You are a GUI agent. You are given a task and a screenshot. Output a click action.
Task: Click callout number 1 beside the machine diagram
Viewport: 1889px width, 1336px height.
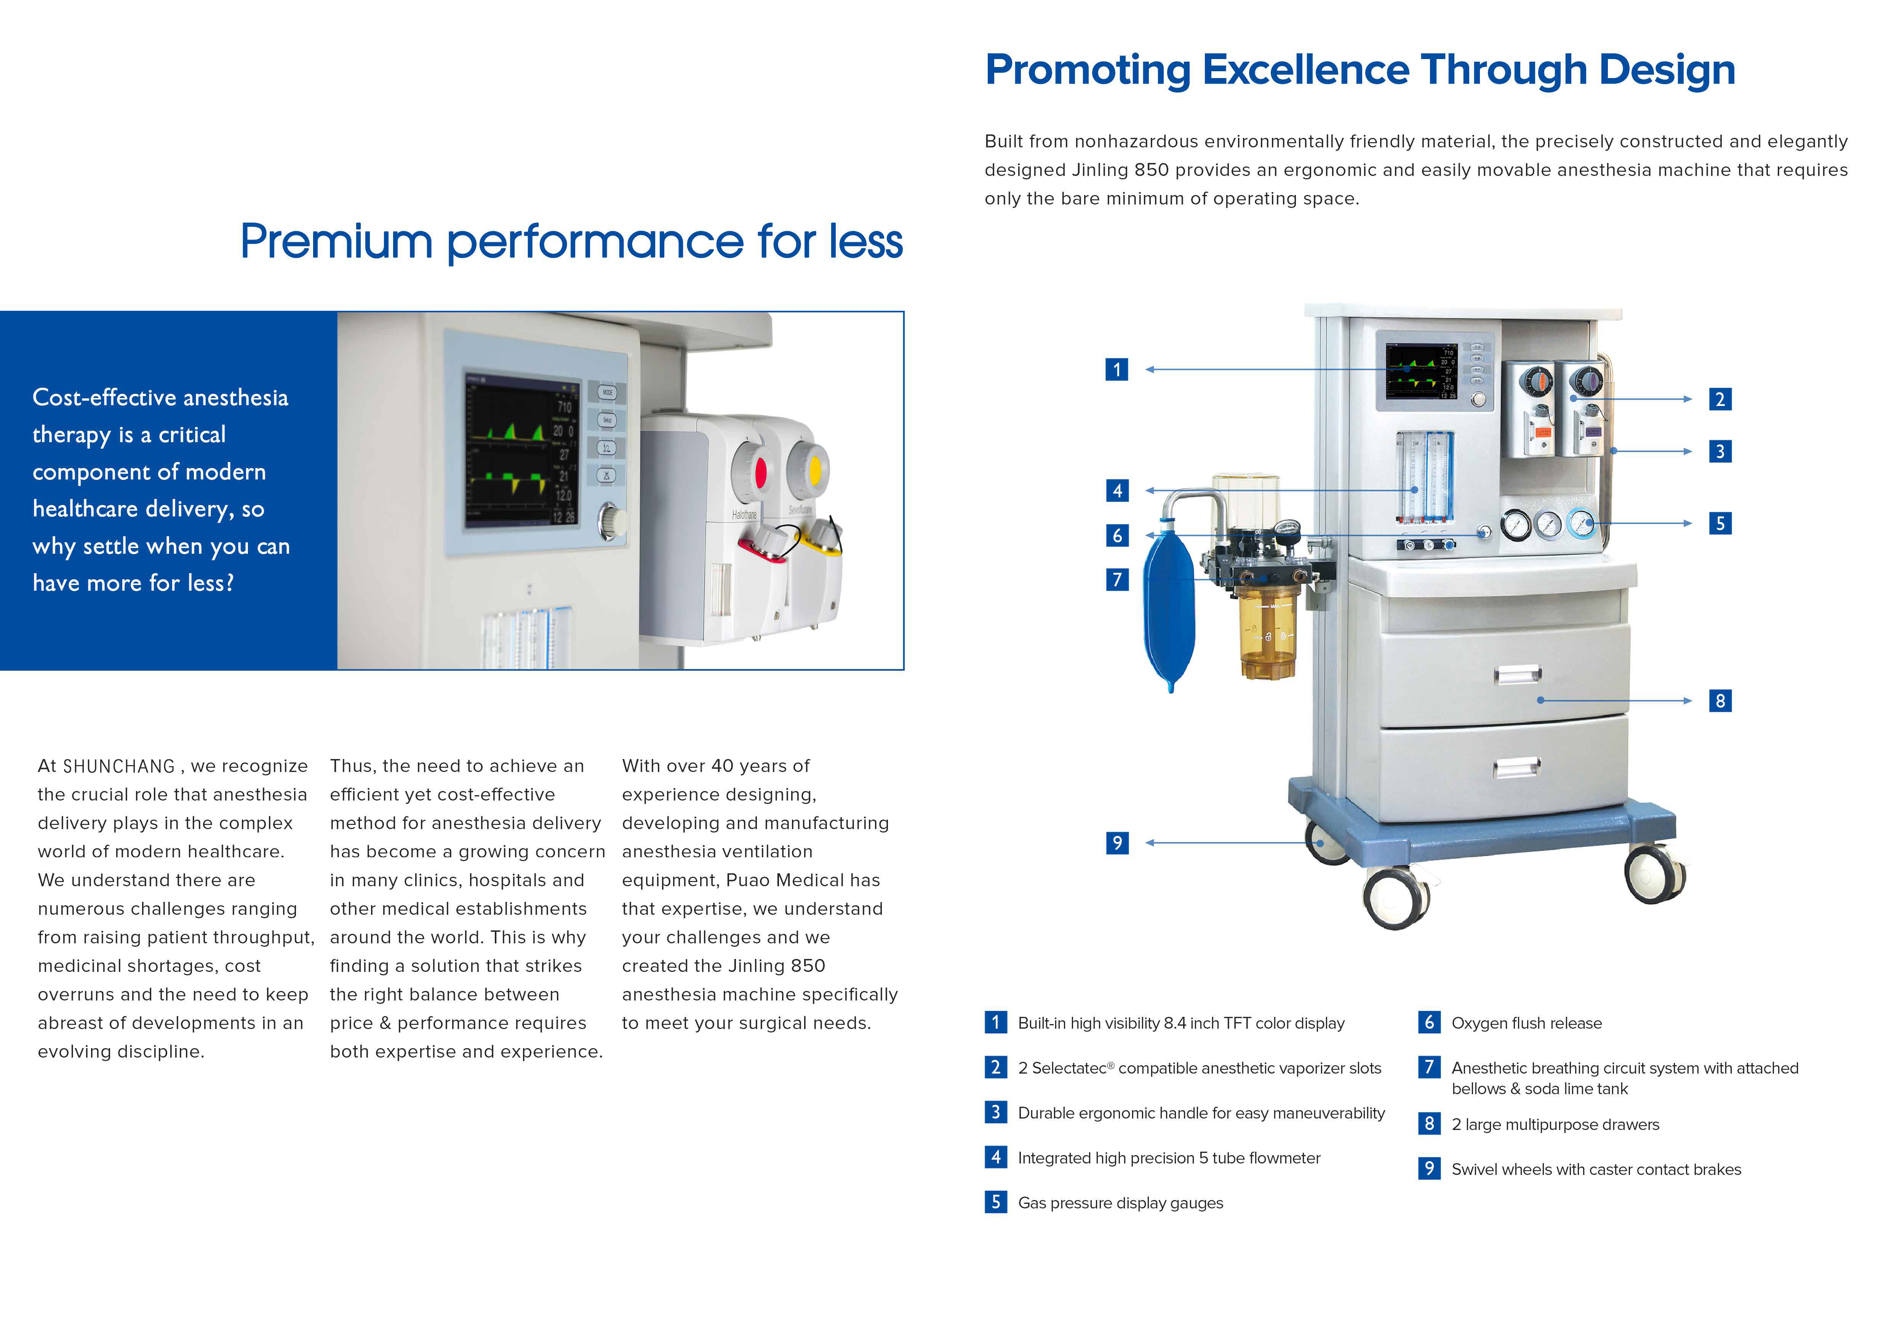pos(1116,369)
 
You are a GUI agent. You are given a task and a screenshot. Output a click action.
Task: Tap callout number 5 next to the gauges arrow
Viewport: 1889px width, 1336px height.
pos(1719,523)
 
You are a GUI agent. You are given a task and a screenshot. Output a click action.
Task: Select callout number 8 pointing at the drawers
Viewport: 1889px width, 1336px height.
pos(1719,701)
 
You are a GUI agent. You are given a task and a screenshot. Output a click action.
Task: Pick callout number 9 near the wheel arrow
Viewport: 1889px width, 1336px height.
pos(1116,842)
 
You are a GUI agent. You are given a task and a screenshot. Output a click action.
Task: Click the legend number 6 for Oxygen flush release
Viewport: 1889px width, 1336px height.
pos(1429,1023)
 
